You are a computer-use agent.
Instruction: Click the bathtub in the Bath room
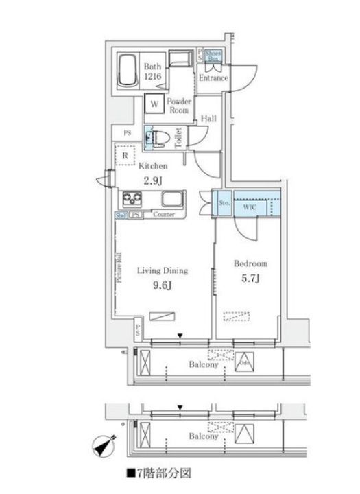128,71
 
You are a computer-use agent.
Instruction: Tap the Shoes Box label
213,56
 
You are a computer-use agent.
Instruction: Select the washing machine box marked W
154,104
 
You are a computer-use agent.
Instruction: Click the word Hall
209,119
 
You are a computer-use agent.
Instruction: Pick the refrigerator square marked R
125,156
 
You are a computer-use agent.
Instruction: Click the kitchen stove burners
132,200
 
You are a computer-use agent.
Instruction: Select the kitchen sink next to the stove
172,200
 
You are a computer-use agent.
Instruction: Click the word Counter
163,215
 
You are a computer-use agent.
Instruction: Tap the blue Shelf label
121,215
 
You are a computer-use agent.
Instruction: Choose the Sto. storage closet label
224,203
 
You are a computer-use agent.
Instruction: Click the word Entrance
213,79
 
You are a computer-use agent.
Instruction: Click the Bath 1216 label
153,71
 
